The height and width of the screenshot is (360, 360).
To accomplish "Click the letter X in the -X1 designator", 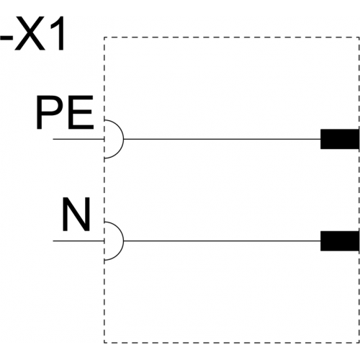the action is tap(30, 33).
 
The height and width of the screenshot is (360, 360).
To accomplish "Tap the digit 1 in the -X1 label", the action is tap(57, 33).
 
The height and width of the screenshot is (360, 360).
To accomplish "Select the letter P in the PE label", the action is tap(50, 112).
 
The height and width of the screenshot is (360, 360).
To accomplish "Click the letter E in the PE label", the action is tap(81, 112).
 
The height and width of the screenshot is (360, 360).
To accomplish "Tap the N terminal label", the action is tap(76, 215).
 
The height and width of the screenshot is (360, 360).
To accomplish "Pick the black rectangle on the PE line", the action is tap(340, 139).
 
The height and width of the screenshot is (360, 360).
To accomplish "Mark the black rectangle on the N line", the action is tap(340, 241).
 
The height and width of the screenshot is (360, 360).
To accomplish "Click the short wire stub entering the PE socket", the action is tap(78, 139).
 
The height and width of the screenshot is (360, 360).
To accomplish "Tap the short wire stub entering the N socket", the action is tap(78, 241).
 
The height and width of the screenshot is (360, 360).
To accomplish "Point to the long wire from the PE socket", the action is tap(222, 139).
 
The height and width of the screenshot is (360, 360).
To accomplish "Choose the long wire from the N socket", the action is tap(222, 241).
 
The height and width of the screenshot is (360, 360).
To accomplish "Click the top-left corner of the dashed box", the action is tap(104, 37).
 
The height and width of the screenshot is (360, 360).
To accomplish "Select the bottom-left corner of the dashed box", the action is tap(104, 343).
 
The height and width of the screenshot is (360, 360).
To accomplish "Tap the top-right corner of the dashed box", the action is tap(359, 37).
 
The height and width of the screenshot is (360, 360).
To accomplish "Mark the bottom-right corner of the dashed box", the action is tap(359, 343).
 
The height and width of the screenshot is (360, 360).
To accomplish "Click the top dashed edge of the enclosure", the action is tap(232, 37).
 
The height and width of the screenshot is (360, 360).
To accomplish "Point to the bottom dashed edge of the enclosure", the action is tap(232, 343).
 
